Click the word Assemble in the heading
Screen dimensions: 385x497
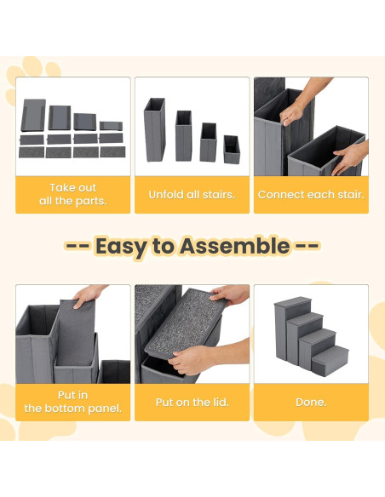pyautogui.click(x=235, y=246)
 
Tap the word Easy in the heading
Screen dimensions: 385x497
pyautogui.click(x=120, y=247)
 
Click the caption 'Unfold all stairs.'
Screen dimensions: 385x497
pyautogui.click(x=192, y=194)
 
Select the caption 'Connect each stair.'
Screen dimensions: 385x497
pyautogui.click(x=311, y=194)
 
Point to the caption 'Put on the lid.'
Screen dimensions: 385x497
pyautogui.click(x=192, y=403)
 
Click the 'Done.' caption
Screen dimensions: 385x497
pyautogui.click(x=311, y=403)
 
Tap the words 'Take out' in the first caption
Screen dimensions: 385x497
pyautogui.click(x=73, y=187)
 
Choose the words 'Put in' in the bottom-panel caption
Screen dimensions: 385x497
pyautogui.click(x=73, y=395)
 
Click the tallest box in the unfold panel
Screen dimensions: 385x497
pyautogui.click(x=154, y=129)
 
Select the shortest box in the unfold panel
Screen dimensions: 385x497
pyautogui.click(x=232, y=150)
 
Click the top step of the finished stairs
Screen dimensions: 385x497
pyautogui.click(x=293, y=301)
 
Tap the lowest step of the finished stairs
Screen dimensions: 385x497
pyautogui.click(x=330, y=361)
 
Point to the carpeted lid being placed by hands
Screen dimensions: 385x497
pyautogui.click(x=186, y=323)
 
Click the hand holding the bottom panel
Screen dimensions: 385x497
pyautogui.click(x=89, y=295)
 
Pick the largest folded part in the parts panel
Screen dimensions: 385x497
pyautogui.click(x=33, y=115)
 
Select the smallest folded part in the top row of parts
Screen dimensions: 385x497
pyautogui.click(x=111, y=126)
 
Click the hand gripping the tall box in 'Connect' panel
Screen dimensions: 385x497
pyautogui.click(x=292, y=113)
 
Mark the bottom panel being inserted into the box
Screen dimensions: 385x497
pyautogui.click(x=76, y=332)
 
